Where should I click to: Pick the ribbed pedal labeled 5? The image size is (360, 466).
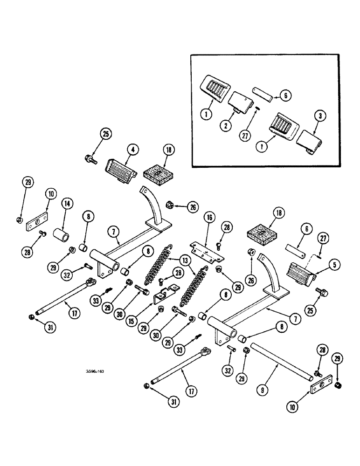click(x=301, y=271)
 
